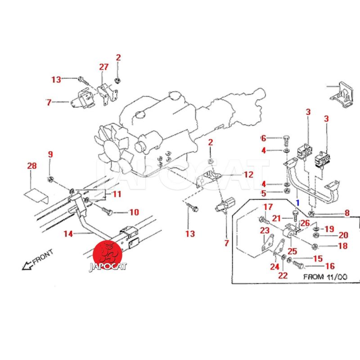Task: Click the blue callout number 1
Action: [297, 203]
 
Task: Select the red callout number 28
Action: [31, 166]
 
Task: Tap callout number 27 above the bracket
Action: [104, 67]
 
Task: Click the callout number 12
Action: [248, 174]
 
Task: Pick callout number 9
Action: [50, 154]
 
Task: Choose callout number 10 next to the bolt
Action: [134, 212]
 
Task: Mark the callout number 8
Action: [346, 213]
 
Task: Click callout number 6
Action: [264, 138]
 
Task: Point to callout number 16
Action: [330, 266]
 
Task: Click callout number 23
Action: [264, 230]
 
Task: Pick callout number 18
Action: [343, 246]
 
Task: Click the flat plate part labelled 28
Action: [34, 194]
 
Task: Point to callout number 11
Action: [117, 194]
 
